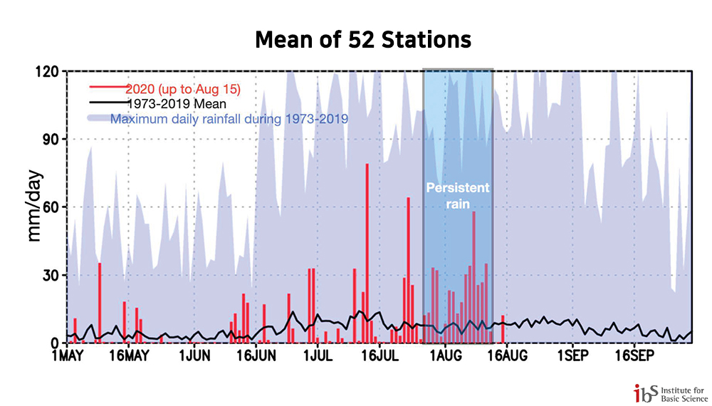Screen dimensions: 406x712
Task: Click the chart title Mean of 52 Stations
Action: pyautogui.click(x=363, y=40)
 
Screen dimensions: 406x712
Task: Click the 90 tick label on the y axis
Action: pyautogui.click(x=51, y=140)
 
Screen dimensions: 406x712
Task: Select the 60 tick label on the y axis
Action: pyautogui.click(x=51, y=207)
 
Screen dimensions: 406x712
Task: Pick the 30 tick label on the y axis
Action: pyautogui.click(x=51, y=275)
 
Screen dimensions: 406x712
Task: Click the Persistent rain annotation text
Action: pyautogui.click(x=458, y=196)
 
